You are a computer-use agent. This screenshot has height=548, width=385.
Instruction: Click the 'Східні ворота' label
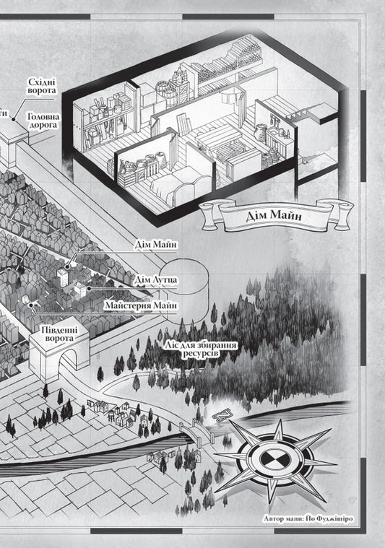click(42, 87)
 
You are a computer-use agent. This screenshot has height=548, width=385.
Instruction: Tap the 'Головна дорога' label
click(43, 121)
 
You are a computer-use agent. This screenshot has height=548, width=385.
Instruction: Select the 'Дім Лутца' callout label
click(155, 279)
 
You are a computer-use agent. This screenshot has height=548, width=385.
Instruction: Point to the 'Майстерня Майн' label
click(141, 305)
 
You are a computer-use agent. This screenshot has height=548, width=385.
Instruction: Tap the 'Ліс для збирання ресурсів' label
click(202, 349)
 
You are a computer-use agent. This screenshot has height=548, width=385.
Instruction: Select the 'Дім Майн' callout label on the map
click(156, 244)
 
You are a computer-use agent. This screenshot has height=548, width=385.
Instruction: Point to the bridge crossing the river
click(198, 432)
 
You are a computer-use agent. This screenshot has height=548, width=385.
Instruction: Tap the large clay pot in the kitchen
click(261, 133)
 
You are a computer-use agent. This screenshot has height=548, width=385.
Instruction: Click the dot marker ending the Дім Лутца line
click(89, 289)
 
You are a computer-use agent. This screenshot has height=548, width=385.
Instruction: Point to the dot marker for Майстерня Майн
click(31, 305)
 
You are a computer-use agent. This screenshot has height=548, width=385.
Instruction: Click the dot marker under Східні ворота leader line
click(14, 119)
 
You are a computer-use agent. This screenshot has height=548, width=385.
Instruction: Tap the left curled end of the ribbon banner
click(209, 212)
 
